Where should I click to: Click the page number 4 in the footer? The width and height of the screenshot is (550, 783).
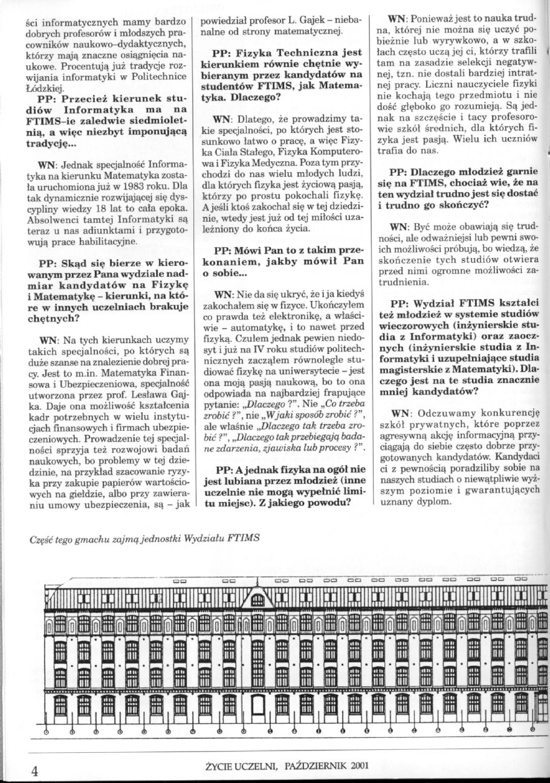click(35, 770)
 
